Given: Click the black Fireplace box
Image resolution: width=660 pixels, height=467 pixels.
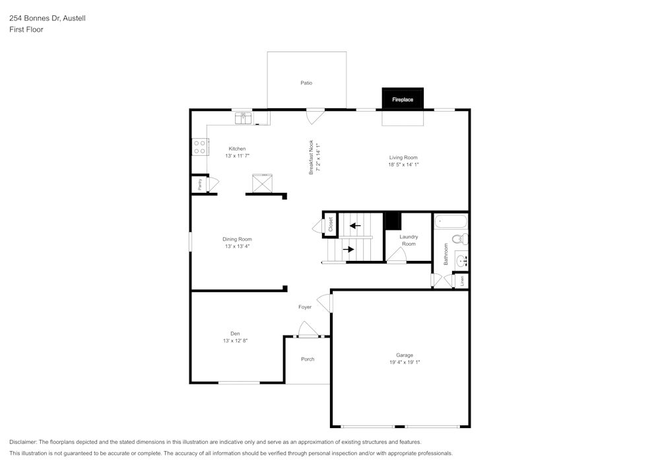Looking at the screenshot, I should (x=403, y=99).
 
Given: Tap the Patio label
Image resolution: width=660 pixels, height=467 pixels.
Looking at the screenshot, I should (x=306, y=83).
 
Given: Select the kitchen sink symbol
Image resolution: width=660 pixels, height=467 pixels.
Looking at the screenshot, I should (x=244, y=118).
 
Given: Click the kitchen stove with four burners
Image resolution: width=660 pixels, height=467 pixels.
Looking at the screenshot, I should (x=200, y=147).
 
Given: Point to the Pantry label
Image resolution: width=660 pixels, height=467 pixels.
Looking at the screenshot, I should (x=200, y=184).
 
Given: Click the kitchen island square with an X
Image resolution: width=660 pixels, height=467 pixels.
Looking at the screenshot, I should (x=262, y=183).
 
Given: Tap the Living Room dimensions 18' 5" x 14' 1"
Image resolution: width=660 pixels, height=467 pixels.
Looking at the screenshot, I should (x=403, y=164).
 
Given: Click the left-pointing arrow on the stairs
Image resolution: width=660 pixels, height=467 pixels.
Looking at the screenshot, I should (x=355, y=226).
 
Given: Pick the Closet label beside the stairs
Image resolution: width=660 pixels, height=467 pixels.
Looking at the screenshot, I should (x=331, y=225).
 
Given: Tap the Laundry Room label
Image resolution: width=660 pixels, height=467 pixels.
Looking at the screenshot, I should (x=409, y=240).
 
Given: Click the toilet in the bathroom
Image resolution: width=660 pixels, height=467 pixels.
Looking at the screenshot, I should (x=459, y=238).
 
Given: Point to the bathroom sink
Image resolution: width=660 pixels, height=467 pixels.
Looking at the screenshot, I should (x=461, y=260).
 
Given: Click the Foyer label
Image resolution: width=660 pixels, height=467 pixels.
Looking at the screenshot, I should (x=305, y=307).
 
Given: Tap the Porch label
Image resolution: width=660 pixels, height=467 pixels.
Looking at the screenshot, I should (x=308, y=359).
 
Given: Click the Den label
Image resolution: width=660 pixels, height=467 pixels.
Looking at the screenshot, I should (x=235, y=333).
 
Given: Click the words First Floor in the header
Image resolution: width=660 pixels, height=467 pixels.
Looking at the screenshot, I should (x=26, y=30).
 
